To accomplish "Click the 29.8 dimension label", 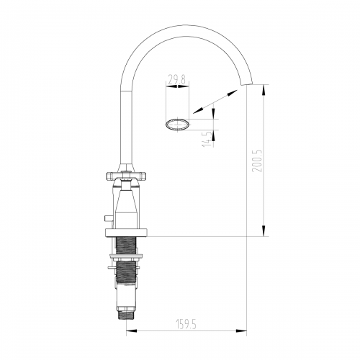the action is [x=176, y=80].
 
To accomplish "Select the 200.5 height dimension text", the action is [x=257, y=161].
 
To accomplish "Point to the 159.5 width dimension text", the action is [x=186, y=324].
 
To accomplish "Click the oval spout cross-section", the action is [x=177, y=125].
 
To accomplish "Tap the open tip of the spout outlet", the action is [x=247, y=84].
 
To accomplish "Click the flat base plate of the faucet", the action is [x=126, y=233].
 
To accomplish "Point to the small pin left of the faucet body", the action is [x=108, y=218].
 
